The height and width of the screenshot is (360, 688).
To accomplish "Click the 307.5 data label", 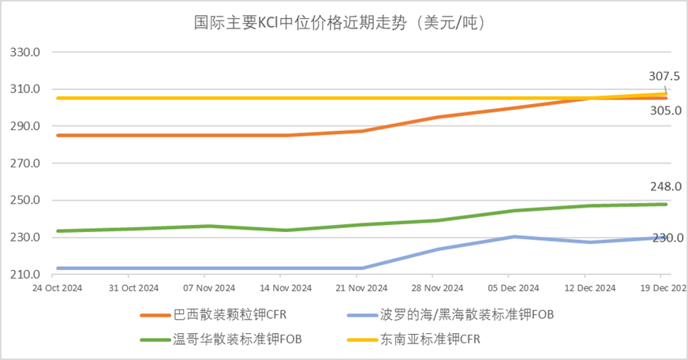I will point(664,77).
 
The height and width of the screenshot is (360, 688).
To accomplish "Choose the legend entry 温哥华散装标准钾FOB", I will point(237,340).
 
